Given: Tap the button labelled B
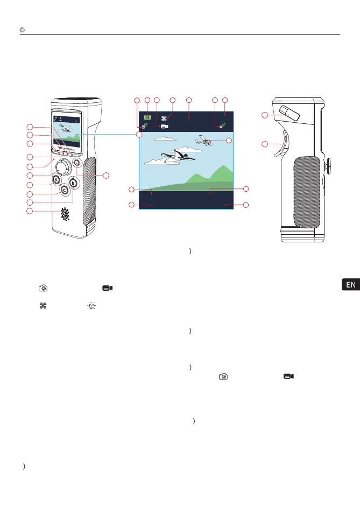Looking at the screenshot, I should tap(74, 183).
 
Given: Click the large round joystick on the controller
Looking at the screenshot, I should tap(62, 167).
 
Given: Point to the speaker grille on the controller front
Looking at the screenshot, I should tap(65, 214).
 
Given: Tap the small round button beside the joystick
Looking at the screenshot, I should tap(76, 162).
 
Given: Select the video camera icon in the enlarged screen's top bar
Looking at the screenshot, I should tap(165, 125).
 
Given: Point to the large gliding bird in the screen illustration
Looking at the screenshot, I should tap(174, 157).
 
